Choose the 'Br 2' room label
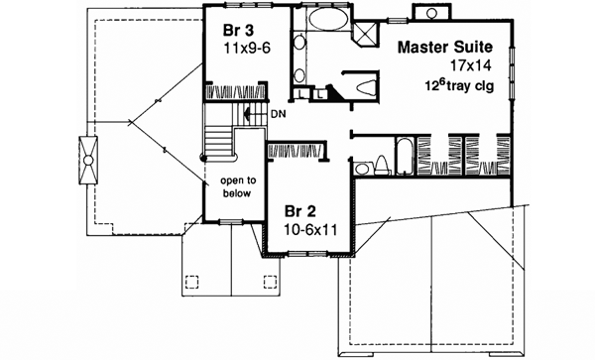pos(301,211)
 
